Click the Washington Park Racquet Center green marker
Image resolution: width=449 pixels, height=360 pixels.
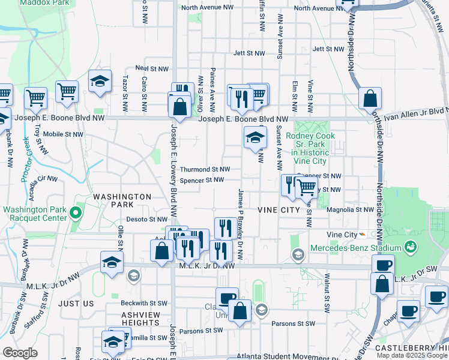76,212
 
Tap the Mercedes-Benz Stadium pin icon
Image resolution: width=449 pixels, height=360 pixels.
411,247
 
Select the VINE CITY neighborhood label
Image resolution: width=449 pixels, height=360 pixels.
278,209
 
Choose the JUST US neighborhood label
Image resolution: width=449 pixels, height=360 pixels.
76,304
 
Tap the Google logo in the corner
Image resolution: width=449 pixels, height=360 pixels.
20,353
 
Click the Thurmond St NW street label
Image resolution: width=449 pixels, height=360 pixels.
205,169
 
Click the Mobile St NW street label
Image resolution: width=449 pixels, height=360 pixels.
62,134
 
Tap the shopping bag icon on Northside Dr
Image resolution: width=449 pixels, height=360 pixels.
370,98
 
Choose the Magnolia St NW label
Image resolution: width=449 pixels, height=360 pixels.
351,210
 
